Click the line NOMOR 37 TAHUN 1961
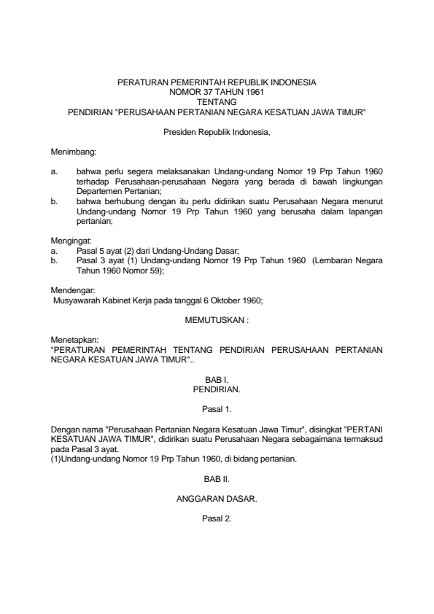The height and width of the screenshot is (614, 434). pos(217,93)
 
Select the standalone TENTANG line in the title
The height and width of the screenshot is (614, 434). pos(217,103)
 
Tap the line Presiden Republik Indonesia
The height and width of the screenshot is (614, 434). pos(217,132)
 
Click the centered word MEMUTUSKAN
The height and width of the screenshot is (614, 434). pos(215,319)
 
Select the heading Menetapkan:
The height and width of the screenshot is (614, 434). pos(71,339)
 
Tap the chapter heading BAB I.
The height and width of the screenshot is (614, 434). pos(217,379)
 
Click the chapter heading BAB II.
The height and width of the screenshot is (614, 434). pos(217,478)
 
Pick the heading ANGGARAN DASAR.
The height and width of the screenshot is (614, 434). pos(217,499)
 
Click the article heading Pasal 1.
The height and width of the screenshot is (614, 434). pos(217,409)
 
